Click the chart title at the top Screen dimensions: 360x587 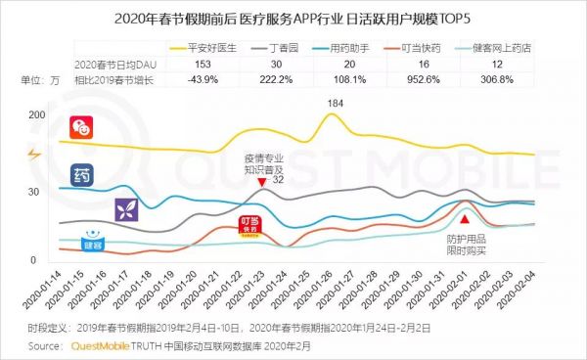point(293,16)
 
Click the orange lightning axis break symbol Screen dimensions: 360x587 point(36,154)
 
